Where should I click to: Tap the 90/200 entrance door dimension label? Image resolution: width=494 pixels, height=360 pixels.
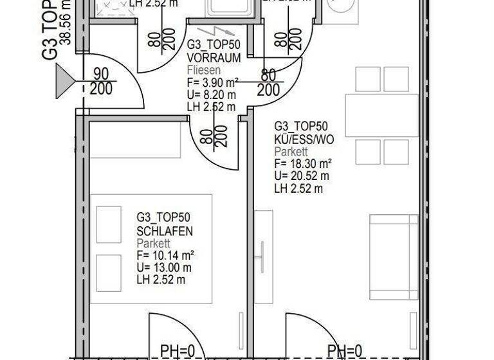[x=100, y=82]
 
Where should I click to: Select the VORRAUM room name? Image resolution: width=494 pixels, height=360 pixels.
[x=214, y=58]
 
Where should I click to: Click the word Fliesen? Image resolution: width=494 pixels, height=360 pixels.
[x=204, y=70]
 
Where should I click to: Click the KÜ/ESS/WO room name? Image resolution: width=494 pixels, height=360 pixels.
[x=304, y=139]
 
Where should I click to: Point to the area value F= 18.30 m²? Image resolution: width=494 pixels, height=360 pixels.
[x=303, y=163]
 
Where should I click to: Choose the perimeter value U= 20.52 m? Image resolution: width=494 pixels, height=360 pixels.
[x=302, y=175]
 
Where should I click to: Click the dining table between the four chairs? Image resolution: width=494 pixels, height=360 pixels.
[x=381, y=115]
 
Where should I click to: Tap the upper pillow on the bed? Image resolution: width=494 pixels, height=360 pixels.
[x=108, y=224]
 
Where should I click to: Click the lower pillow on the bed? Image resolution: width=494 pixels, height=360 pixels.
[x=108, y=273]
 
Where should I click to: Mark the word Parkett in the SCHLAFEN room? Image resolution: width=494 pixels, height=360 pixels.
[x=153, y=243]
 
